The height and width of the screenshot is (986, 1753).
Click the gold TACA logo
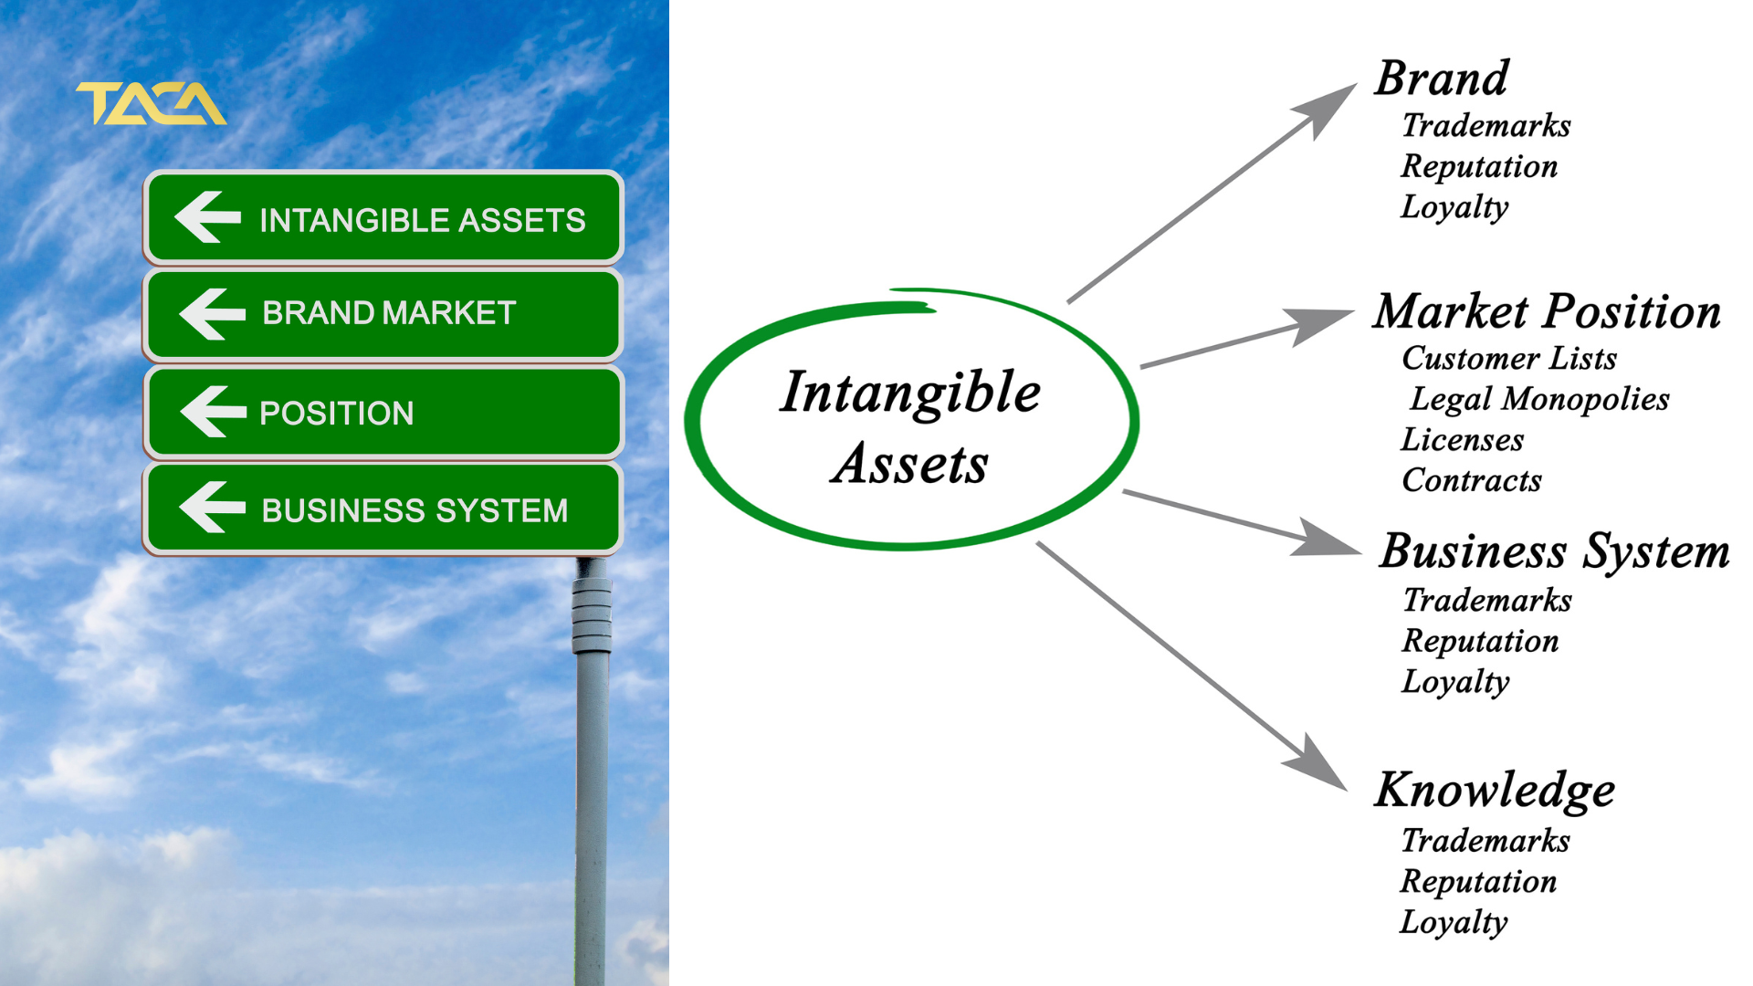coord(152,103)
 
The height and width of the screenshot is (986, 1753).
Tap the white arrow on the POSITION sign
coord(214,412)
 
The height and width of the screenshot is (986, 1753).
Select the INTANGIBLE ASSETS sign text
coord(422,220)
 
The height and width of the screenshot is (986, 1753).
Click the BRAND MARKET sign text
coord(389,313)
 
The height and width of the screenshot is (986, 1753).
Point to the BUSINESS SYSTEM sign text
coord(415,510)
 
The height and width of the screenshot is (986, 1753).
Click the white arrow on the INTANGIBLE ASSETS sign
coord(208,217)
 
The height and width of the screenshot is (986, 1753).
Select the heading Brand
coord(1442,79)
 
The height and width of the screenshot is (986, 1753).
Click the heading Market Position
coord(1548,311)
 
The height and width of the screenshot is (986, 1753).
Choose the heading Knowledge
coord(1495,791)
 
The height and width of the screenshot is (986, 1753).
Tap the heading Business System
coord(1554,552)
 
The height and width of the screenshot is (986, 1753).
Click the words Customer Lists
coord(1509,358)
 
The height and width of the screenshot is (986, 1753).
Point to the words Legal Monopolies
coord(1539,399)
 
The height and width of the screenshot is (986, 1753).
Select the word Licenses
coord(1463,440)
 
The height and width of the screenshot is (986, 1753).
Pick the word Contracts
coord(1472,480)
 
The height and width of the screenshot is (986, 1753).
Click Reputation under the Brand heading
coord(1479,166)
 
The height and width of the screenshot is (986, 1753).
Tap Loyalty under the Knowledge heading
coord(1454,922)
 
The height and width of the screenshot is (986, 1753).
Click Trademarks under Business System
coord(1487,600)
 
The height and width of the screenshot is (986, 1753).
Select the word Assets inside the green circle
coord(910,463)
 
